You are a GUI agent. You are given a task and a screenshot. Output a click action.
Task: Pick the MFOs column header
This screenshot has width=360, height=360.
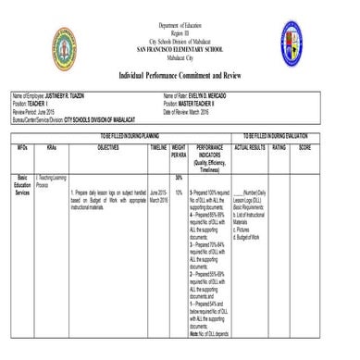click(22, 147)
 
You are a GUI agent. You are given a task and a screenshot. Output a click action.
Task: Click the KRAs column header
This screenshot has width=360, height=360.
click(51, 147)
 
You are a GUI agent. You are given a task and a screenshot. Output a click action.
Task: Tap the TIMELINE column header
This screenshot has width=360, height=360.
click(157, 147)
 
